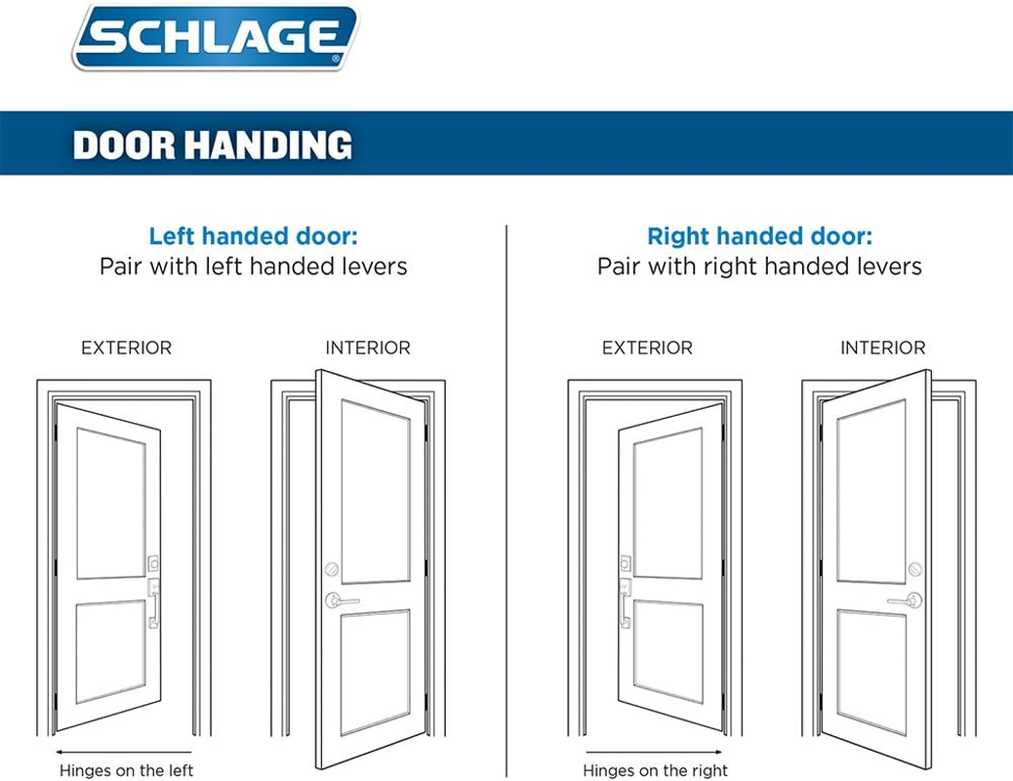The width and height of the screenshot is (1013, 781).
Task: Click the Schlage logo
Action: point(215,37)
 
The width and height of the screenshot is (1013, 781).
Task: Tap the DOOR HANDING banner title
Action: point(213,145)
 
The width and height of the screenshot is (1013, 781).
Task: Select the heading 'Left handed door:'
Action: point(253,236)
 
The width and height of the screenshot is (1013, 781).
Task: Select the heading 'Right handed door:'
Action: point(759,236)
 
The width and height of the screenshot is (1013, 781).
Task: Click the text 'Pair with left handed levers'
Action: point(253,267)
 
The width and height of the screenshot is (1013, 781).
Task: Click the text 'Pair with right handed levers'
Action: point(759,267)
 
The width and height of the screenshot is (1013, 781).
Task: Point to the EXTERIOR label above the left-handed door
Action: point(126,348)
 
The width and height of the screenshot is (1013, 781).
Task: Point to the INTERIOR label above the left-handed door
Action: point(368,348)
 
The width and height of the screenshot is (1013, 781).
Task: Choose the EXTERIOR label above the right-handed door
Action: point(647,348)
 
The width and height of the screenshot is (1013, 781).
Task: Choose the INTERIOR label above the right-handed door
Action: point(882,348)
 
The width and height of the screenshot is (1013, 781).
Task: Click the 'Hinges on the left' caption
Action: point(126,770)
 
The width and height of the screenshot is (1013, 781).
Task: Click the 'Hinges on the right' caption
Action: point(655,770)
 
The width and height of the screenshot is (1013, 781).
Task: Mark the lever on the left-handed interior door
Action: point(341,600)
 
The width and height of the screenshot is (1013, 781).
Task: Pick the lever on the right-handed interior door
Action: point(907,600)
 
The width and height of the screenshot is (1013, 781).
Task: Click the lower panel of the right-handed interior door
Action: point(871,674)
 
